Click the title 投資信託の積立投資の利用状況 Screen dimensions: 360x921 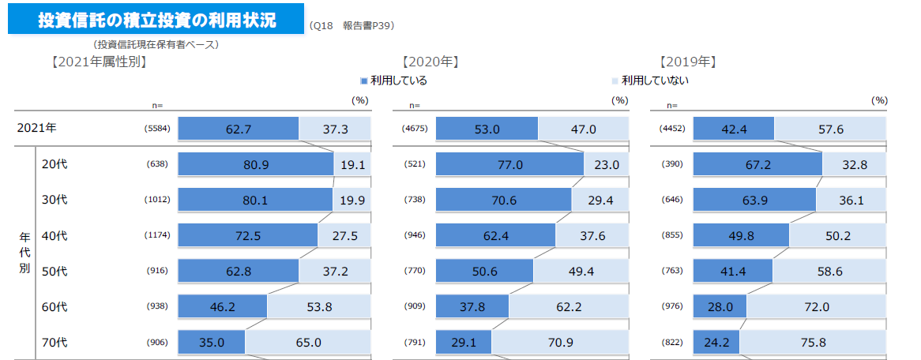pyautogui.click(x=156, y=20)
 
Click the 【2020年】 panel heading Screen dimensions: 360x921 pyautogui.click(x=430, y=62)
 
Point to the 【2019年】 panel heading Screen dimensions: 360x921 pyautogui.click(x=687, y=62)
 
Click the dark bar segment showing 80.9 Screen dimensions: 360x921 pyautogui.click(x=255, y=164)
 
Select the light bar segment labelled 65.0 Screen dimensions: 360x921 pyautogui.click(x=307, y=343)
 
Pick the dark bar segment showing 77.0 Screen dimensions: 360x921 pyautogui.click(x=509, y=164)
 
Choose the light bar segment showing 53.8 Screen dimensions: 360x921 pyautogui.click(x=318, y=307)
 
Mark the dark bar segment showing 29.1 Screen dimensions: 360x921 pyautogui.click(x=463, y=343)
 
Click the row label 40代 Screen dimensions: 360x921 pyautogui.click(x=55, y=235)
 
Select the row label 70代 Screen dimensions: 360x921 pyautogui.click(x=55, y=343)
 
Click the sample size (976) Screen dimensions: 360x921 pyautogui.click(x=673, y=307)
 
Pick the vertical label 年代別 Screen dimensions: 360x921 pyautogui.click(x=25, y=253)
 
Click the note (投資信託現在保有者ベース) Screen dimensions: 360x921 pyautogui.click(x=156, y=45)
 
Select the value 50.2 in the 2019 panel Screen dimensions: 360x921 pyautogui.click(x=837, y=235)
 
